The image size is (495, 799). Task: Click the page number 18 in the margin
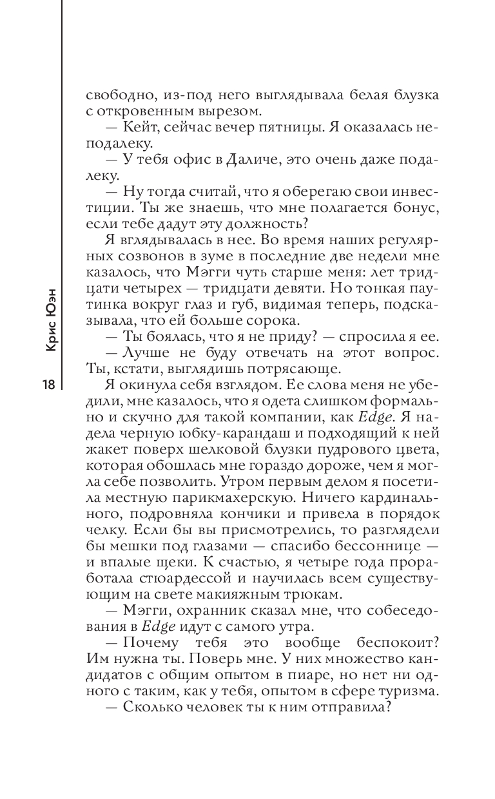pos(47,385)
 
